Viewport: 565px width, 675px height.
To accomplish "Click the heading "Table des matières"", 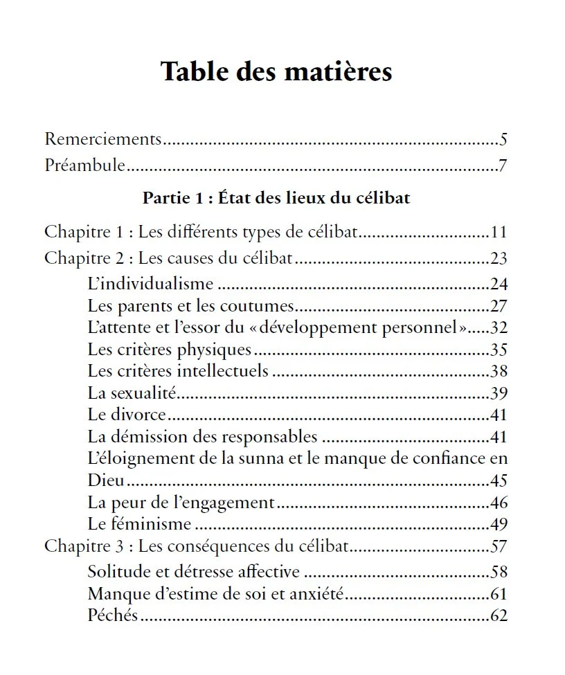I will [x=276, y=71].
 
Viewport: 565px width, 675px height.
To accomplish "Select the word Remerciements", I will [x=102, y=138].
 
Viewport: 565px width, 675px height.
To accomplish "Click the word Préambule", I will [x=84, y=166].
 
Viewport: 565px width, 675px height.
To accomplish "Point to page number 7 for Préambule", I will [x=503, y=166].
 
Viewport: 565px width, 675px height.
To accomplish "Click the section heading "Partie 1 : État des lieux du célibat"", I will [x=276, y=198].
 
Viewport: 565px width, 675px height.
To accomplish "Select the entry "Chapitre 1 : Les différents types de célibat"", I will [x=201, y=231].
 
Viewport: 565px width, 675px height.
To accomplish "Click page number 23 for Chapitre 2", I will [x=499, y=258].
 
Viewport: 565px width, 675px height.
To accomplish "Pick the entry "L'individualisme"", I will [x=150, y=283].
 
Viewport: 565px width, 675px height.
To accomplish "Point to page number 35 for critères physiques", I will [x=499, y=349].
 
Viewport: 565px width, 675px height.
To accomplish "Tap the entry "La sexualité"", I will [x=132, y=393].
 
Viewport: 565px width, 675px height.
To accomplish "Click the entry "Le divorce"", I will [x=127, y=415].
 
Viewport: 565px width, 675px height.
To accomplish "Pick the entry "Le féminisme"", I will [x=139, y=524].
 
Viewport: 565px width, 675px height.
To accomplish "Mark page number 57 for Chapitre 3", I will [x=499, y=546].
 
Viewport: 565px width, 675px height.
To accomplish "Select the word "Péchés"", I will [x=113, y=615].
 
